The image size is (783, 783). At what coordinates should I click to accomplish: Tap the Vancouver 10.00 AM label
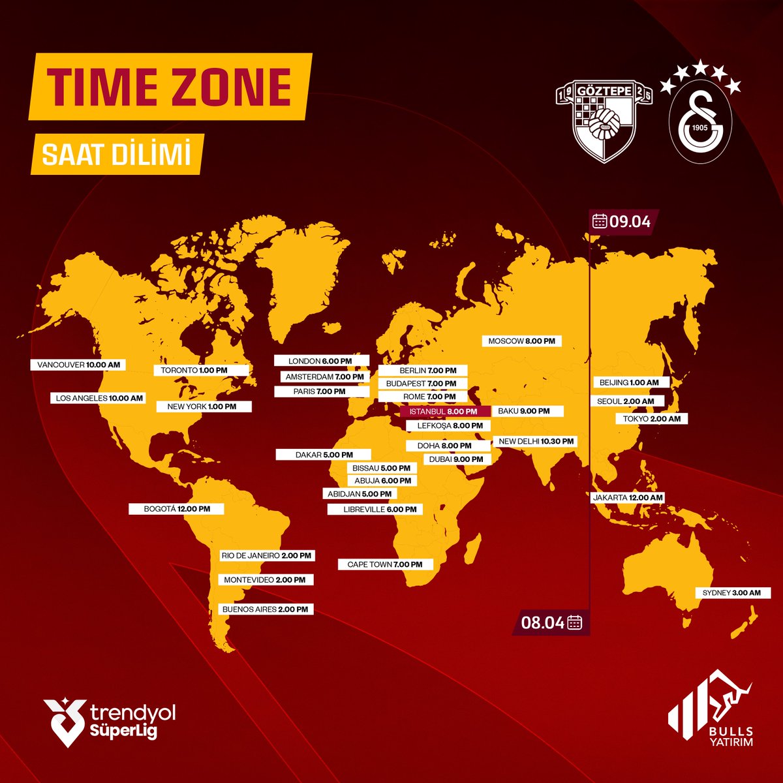[x=78, y=365]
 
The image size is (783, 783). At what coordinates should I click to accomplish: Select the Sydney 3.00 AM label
[x=732, y=593]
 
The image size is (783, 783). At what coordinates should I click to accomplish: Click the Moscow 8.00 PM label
[x=522, y=341]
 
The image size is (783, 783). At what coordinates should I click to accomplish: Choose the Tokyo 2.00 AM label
[x=651, y=419]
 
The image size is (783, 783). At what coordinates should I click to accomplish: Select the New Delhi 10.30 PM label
[x=536, y=441]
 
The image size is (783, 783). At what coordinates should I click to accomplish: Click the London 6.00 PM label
[x=320, y=361]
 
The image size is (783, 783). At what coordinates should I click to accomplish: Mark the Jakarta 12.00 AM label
[x=628, y=497]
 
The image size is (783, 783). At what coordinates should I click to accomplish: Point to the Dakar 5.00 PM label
[x=324, y=455]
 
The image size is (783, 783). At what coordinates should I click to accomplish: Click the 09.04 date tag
[x=622, y=221]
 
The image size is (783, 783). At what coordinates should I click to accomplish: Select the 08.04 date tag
[x=552, y=622]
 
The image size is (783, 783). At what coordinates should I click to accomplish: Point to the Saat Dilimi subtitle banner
[x=116, y=154]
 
